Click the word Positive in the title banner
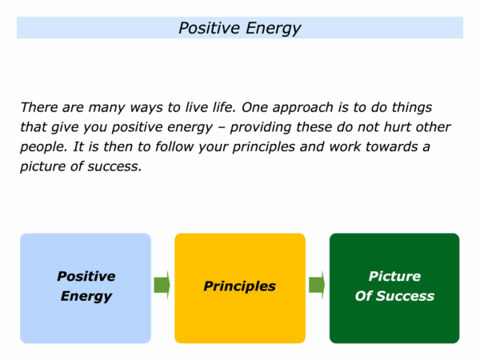point(209,28)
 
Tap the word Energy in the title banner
point(274,29)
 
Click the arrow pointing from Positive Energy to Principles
point(162,285)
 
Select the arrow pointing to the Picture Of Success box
point(317,285)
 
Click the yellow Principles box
point(240,288)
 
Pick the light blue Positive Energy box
point(86,288)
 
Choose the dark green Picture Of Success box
point(394,288)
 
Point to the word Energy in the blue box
point(86,296)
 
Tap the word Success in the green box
point(405,296)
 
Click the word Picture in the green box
point(394,276)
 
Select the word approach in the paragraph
point(302,108)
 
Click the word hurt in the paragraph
point(398,127)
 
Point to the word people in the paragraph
point(43,147)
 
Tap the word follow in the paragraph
point(174,146)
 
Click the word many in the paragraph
point(106,108)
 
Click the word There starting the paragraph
point(39,107)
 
